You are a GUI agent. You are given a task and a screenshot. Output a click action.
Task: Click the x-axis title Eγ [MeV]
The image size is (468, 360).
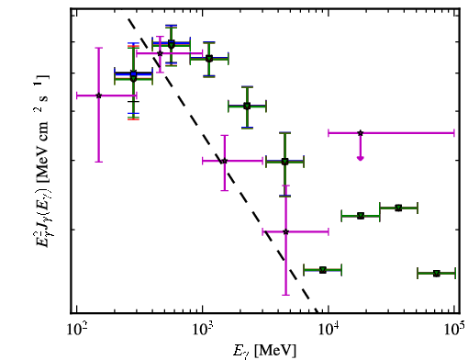pyautogui.click(x=264, y=351)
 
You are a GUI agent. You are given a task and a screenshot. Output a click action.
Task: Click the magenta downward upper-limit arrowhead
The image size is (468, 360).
pyautogui.click(x=361, y=158)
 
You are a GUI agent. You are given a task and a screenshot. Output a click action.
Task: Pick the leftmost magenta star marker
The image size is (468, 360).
pyautogui.click(x=98, y=96)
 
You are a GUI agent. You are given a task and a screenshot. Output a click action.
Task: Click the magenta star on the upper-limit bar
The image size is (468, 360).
pyautogui.click(x=361, y=133)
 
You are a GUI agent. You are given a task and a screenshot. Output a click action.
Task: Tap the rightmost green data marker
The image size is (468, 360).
pyautogui.click(x=437, y=273)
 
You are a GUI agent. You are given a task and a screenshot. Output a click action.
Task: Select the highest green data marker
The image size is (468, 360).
pyautogui.click(x=172, y=45)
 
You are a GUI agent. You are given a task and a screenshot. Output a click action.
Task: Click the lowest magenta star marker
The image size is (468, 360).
pyautogui.click(x=285, y=231)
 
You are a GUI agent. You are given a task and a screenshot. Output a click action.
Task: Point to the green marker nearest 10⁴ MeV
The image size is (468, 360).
pyautogui.click(x=323, y=270)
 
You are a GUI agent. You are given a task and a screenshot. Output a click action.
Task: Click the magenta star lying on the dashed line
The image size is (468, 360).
pyautogui.click(x=224, y=161)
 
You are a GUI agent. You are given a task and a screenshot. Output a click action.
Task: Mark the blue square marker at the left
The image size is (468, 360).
pyautogui.click(x=133, y=73)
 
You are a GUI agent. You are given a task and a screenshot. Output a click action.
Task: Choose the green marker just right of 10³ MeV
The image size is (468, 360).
pyautogui.click(x=209, y=59)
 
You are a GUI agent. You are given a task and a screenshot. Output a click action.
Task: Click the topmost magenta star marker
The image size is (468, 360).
pyautogui.click(x=160, y=53)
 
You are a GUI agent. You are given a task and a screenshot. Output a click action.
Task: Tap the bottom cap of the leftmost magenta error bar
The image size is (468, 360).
pyautogui.click(x=98, y=162)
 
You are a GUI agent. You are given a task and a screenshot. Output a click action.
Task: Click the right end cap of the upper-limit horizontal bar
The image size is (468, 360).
pyautogui.click(x=454, y=133)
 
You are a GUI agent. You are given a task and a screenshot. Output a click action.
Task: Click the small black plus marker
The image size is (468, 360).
pyautogui.click(x=133, y=101)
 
